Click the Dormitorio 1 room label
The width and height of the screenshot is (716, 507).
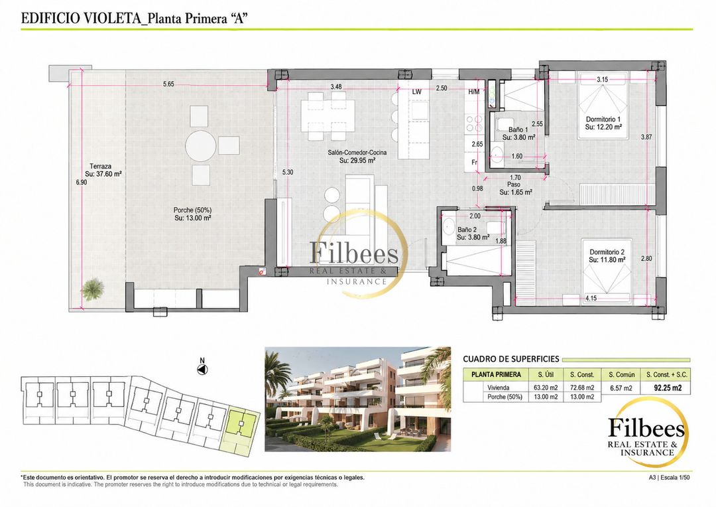pos(603,119)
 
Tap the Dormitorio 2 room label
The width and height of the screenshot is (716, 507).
pos(607,252)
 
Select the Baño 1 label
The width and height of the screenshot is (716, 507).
pos(518,130)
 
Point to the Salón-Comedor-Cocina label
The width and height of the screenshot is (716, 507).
pos(357,153)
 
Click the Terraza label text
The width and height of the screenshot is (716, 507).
pos(101,167)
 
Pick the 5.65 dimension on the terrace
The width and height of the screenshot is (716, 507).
pos(169,84)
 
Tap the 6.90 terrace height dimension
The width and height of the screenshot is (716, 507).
pos(82,182)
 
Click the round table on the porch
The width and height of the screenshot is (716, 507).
pos(200,146)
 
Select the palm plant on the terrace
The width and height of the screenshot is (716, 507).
pos(93,289)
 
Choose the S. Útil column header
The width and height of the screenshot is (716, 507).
pos(546,374)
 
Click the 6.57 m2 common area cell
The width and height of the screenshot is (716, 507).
pos(621,388)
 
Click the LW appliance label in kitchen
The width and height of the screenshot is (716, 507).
pos(416,92)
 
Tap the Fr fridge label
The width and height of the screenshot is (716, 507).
pos(474,163)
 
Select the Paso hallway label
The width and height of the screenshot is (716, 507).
pos(514,184)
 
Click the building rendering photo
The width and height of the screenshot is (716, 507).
pos(357,399)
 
